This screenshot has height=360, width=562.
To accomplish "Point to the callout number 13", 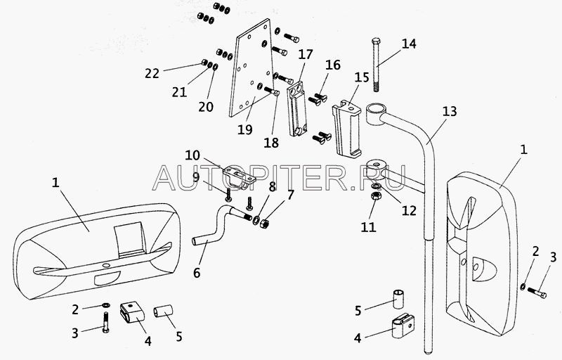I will tap(450, 111).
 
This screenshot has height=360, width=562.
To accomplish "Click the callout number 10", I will tap(192, 155).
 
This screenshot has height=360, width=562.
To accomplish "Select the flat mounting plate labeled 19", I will tap(249, 77).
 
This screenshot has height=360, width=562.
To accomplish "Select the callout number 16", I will tap(332, 65).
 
